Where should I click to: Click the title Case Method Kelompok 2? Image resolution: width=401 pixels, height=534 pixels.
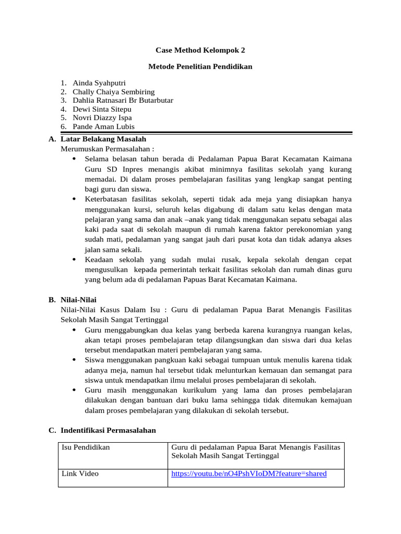tap(200, 51)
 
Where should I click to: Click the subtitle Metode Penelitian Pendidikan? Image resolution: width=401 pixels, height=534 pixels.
tap(200, 67)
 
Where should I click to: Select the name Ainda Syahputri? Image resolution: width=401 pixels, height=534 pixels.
tap(99, 83)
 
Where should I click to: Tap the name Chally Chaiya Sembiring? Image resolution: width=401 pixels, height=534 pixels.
tap(113, 92)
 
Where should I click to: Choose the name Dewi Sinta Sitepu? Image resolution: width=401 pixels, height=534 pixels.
tap(102, 109)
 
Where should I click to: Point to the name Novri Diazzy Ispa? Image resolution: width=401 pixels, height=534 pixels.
tap(102, 118)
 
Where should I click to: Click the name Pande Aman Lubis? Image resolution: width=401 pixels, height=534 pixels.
tap(103, 127)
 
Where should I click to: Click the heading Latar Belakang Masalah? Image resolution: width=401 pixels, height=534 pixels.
tap(103, 139)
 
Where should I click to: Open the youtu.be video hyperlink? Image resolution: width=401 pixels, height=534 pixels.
tap(249, 474)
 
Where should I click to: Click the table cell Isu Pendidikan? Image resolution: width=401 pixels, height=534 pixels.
tap(86, 447)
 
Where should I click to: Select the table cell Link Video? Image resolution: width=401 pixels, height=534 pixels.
tap(80, 474)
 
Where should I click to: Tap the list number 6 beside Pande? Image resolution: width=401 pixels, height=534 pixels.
tap(63, 127)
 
